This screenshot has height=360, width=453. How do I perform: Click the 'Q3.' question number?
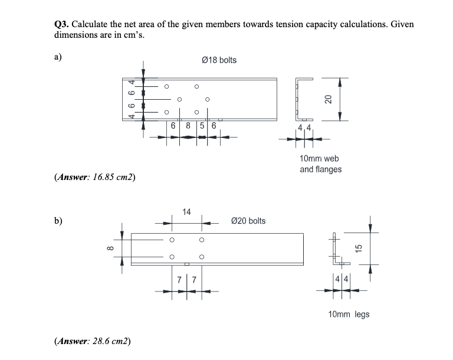[x=61, y=24]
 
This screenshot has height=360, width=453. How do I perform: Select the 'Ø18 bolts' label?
[x=219, y=60]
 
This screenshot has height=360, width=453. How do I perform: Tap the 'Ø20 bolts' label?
[x=248, y=221]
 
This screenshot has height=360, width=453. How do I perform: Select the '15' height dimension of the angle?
[x=357, y=248]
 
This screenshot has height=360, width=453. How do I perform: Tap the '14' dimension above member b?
[x=186, y=211]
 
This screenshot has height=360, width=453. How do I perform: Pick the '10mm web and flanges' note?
[x=320, y=164]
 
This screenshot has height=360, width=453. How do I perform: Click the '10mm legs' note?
[x=349, y=314]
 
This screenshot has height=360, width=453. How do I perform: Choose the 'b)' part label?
[x=58, y=221]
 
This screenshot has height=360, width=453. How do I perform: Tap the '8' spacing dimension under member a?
[x=188, y=125]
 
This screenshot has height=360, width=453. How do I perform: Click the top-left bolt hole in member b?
[x=172, y=240]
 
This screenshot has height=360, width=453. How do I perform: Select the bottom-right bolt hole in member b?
[x=202, y=257]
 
